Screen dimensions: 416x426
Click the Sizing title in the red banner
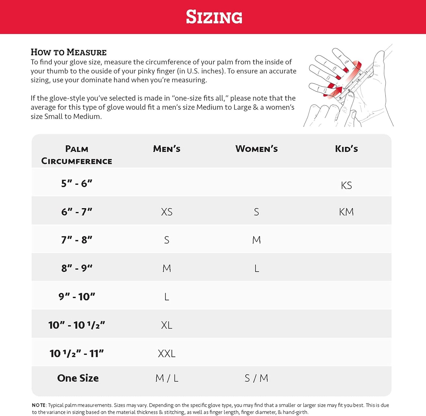point(214,17)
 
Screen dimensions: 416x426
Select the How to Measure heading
point(68,52)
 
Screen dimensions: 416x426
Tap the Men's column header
point(167,149)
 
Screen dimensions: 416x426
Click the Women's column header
point(256,149)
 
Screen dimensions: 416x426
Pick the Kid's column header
point(346,149)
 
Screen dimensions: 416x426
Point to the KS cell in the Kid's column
point(346,185)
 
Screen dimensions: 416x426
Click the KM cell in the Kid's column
point(346,212)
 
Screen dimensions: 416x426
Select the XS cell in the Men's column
point(167,212)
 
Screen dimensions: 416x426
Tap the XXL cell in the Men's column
point(167,353)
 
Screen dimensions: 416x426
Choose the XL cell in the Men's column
point(167,325)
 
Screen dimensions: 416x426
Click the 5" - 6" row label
point(77,183)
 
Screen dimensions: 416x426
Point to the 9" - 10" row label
point(77,296)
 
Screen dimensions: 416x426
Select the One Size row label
point(78,378)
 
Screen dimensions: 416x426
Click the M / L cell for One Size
point(167,378)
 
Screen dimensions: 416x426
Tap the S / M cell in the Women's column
point(256,378)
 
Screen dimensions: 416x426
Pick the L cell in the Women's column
point(256,268)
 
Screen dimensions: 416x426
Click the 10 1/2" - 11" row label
point(77,353)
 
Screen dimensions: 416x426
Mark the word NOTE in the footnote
point(39,405)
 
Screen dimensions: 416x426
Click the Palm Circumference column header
point(77,155)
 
